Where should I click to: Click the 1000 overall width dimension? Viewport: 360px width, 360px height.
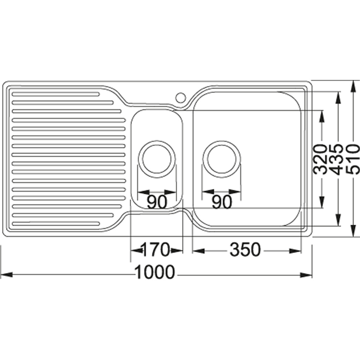point(154,273)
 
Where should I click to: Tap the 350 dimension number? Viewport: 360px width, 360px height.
point(245,250)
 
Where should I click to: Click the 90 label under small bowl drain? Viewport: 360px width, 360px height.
point(157,202)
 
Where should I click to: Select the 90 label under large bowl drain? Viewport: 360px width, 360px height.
point(221,202)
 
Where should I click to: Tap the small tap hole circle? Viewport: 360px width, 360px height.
point(181,98)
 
